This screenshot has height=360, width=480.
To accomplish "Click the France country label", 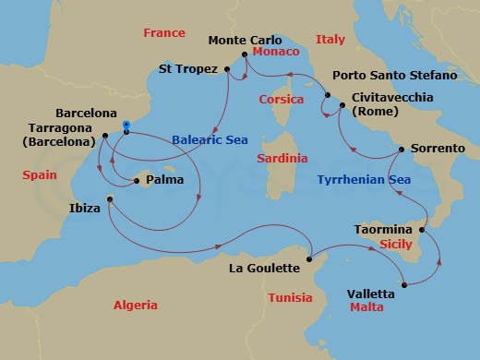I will pos(165,33).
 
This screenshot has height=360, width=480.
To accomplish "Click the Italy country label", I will pos(330,40).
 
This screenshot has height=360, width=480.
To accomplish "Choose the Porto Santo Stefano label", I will pos(395,75).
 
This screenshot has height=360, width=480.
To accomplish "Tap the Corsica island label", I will pos(282,99).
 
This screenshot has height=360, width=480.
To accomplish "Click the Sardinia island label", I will pos(282,159).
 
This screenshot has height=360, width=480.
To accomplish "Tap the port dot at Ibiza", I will pos(110,199).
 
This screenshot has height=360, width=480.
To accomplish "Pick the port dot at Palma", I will pos(137,182).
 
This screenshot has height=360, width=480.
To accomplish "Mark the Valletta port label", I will pos(370,294).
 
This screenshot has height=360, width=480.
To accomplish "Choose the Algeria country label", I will pos(135,306).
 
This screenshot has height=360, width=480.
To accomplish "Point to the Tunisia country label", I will pos(291,297).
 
